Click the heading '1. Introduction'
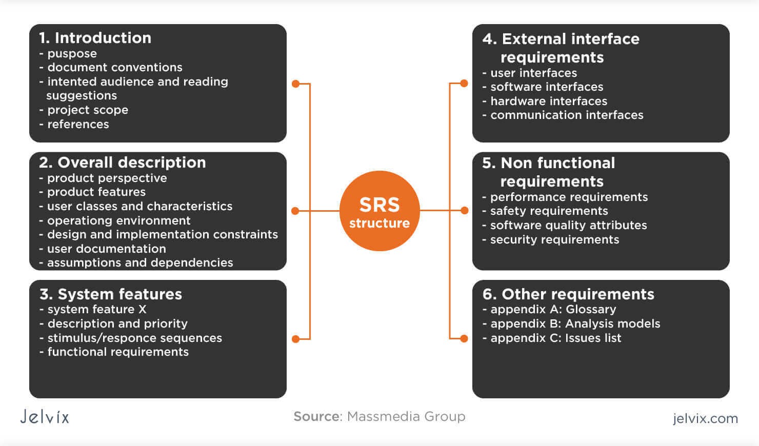click(95, 38)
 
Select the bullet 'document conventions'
click(114, 67)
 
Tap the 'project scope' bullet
click(87, 110)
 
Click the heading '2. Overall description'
click(123, 163)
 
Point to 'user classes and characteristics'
click(139, 206)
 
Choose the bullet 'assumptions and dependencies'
click(139, 262)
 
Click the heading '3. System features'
click(111, 294)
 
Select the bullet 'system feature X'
click(96, 309)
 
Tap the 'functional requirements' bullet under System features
click(118, 352)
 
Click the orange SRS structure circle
click(379, 211)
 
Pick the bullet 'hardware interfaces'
click(548, 101)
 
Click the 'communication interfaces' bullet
click(566, 115)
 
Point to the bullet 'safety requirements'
click(549, 211)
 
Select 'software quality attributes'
click(568, 225)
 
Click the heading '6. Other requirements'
click(568, 294)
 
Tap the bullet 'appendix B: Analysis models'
click(575, 323)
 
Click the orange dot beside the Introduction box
click(295, 84)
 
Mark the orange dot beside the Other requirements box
click(464, 338)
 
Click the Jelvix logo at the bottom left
click(45, 417)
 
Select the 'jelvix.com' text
click(705, 418)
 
